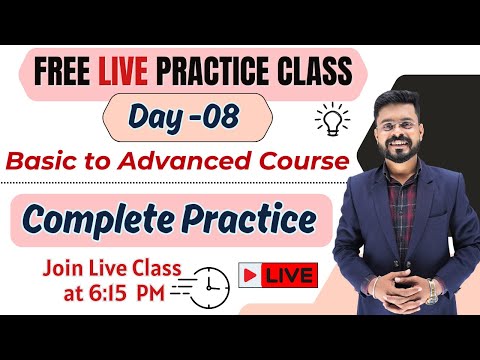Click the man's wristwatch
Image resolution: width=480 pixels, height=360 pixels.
click(432, 291)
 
